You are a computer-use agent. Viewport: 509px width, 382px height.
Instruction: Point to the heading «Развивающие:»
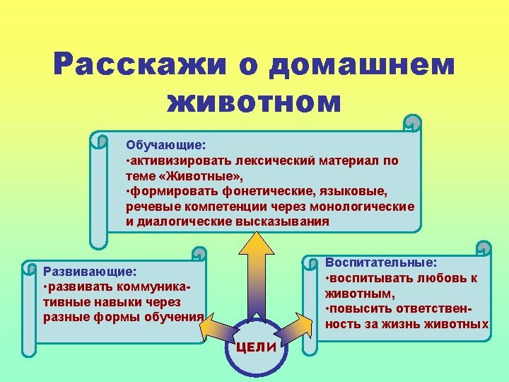click(90, 270)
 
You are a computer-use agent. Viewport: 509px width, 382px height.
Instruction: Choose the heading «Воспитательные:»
click(381, 262)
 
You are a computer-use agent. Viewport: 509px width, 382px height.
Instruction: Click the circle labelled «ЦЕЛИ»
click(255, 347)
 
